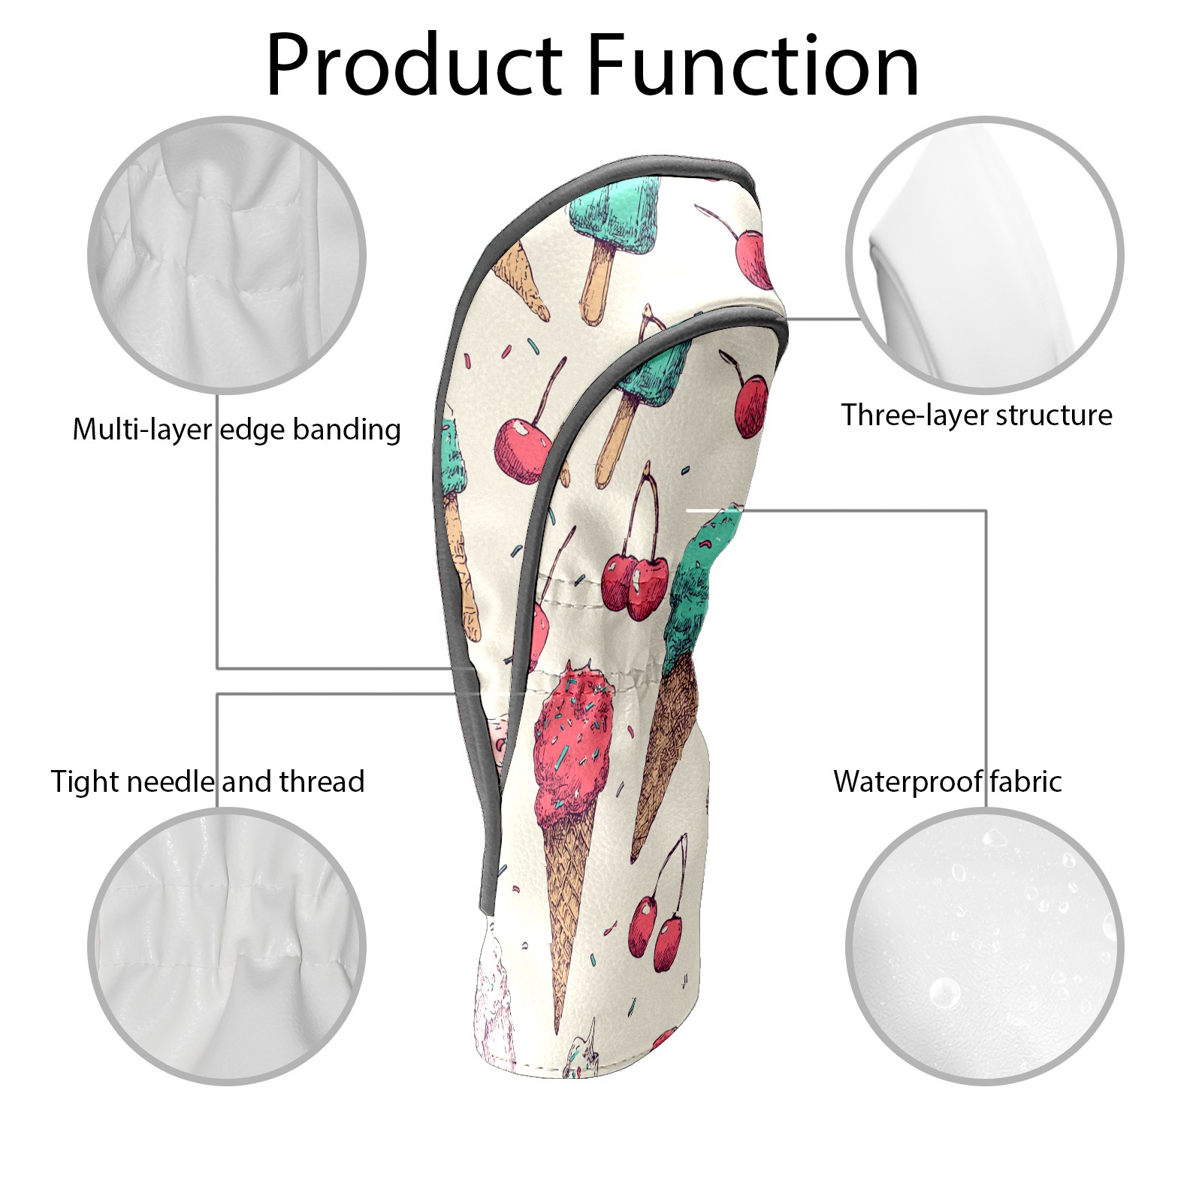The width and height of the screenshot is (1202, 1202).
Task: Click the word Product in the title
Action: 415,65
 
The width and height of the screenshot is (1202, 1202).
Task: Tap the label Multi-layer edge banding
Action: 237,430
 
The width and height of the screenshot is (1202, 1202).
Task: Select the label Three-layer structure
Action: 977,415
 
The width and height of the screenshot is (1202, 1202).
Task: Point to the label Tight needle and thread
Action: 208,781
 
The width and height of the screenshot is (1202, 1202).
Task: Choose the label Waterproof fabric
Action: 947,781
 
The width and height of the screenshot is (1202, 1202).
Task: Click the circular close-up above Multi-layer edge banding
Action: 227,255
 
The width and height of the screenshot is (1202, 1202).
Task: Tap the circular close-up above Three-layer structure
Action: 985,255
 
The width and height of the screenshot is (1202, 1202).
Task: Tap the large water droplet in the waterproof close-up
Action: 944,993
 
